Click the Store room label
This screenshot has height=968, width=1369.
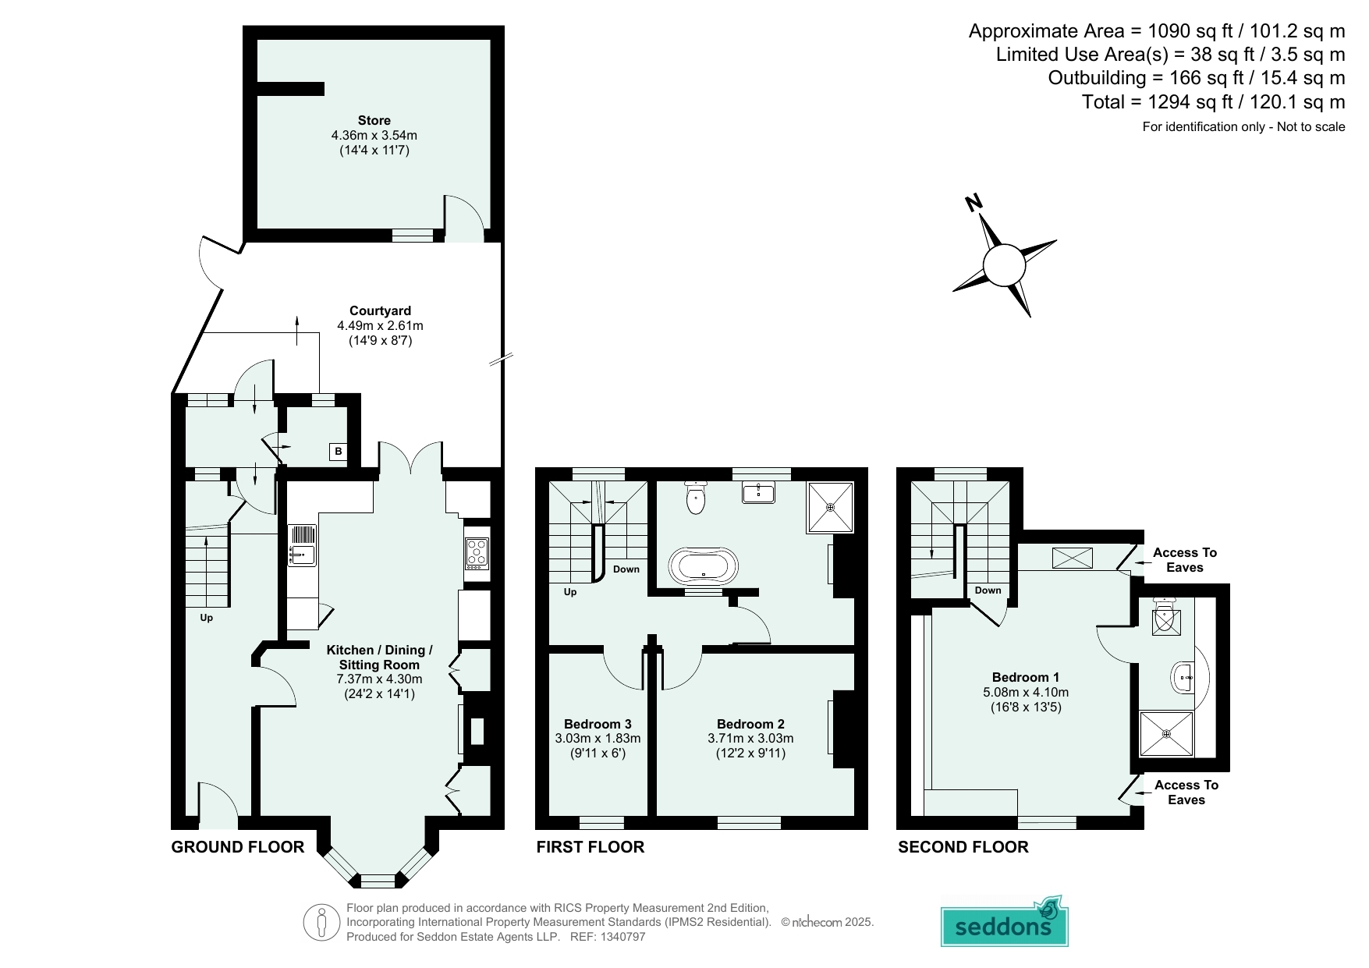pos(374,120)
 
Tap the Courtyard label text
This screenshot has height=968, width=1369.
pos(380,310)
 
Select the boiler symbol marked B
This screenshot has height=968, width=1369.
pos(338,452)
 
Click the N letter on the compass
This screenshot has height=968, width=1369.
pos(974,203)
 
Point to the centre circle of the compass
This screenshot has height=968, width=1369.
pos(1004,265)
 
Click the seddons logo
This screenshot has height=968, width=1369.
pos(1004,922)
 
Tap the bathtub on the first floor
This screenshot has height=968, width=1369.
pos(704,566)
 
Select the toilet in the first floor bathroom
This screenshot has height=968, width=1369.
pos(696,497)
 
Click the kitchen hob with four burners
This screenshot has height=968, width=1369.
pos(477,553)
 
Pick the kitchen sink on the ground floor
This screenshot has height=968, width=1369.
pos(302,545)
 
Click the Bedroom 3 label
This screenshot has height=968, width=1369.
pos(598,724)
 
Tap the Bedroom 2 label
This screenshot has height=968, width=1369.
pos(750,724)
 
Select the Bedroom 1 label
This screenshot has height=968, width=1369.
pos(1026,677)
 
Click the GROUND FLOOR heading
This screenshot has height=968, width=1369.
pos(238,847)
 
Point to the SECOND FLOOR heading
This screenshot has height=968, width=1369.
pos(963,847)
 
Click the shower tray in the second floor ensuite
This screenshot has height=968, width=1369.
pos(1166,733)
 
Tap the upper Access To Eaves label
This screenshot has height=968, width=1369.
pos(1185,560)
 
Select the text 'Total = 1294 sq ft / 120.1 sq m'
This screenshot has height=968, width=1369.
pos(1214,102)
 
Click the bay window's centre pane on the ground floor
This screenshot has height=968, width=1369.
pos(378,881)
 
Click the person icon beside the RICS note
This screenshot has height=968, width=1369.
pos(321,922)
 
